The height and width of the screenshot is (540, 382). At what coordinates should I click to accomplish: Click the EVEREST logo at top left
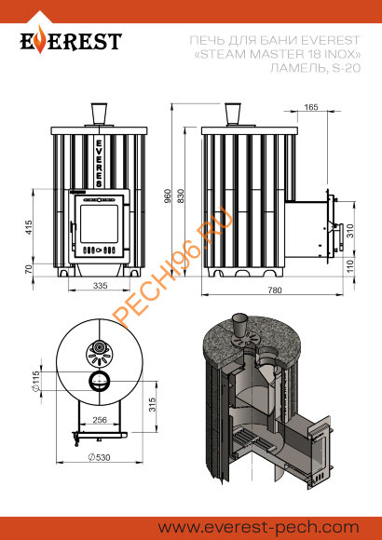(x=72, y=42)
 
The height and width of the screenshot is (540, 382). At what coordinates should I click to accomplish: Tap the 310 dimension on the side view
(x=349, y=229)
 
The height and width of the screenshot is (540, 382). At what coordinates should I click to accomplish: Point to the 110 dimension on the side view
(x=349, y=264)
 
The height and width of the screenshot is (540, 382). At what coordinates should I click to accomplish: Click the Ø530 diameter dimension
(x=93, y=457)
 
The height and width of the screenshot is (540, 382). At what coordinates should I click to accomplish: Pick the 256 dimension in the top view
(x=99, y=420)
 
